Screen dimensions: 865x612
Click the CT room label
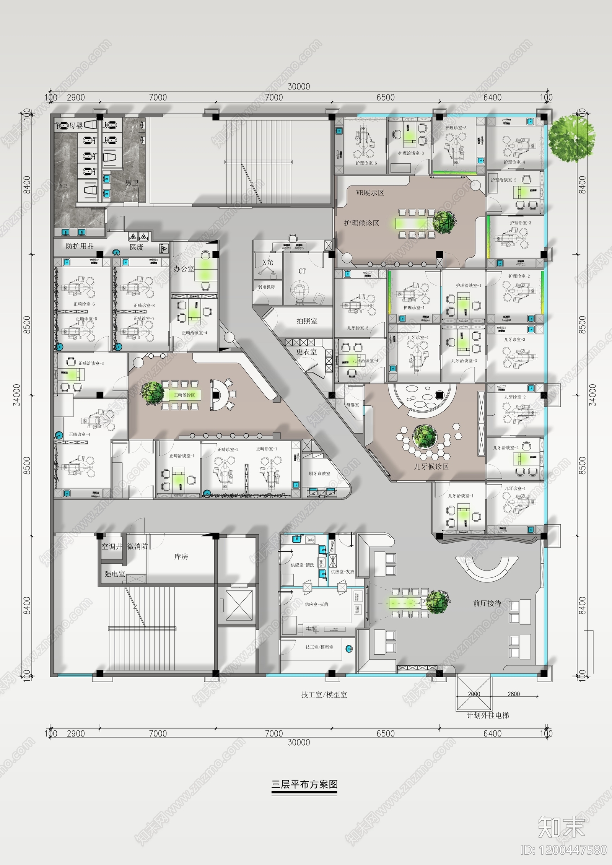point(302,271)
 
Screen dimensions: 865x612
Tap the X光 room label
point(268,262)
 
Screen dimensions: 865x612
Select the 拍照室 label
point(307,321)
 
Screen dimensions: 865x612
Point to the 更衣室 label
point(306,351)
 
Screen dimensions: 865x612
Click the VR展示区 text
point(370,193)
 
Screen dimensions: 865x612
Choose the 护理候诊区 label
point(361,223)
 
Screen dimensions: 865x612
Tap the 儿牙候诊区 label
point(431,466)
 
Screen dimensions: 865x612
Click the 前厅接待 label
point(487,603)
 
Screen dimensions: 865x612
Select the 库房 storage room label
point(181,556)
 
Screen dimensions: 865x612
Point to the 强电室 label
point(115,574)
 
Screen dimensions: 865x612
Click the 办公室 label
point(184,269)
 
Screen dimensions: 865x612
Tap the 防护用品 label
point(80,246)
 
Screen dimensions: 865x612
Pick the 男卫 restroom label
point(132,183)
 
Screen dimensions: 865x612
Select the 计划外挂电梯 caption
point(488,715)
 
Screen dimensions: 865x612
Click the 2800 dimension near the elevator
point(513,694)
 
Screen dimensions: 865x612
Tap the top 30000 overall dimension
point(299,87)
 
